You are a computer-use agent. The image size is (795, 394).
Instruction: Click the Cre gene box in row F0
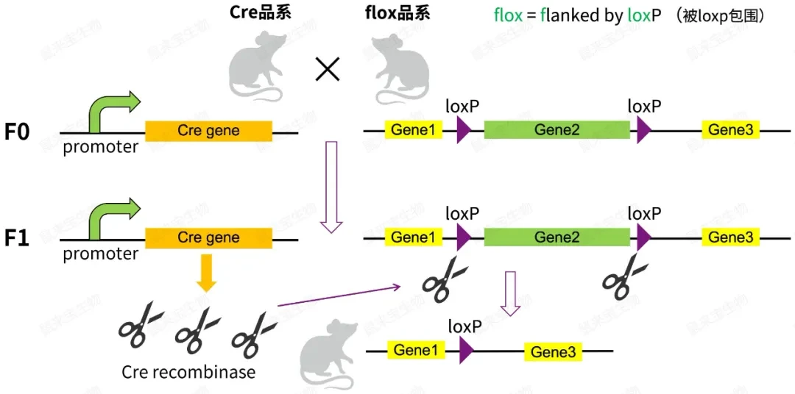[x=208, y=132]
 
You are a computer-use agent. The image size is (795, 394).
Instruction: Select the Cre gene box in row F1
[x=208, y=238]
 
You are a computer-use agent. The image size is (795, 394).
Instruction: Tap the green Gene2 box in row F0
[x=556, y=130]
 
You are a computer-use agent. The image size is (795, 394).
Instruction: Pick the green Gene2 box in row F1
[x=556, y=237]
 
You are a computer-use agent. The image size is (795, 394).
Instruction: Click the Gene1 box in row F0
[x=412, y=130]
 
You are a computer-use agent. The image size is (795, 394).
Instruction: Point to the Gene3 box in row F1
[x=730, y=237]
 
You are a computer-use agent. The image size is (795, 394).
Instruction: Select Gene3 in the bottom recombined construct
[x=553, y=353]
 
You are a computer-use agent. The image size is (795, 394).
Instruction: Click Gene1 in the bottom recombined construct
[x=415, y=350]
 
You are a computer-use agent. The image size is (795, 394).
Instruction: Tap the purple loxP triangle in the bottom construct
[x=465, y=351]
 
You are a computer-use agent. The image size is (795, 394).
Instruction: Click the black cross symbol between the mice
[x=327, y=69]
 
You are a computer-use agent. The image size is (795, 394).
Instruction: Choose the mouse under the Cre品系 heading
[x=254, y=69]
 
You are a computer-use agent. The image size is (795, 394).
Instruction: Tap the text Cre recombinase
[x=188, y=372]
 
